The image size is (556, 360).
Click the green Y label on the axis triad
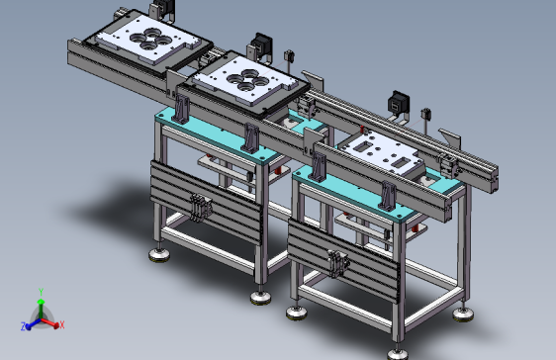[x=41, y=292]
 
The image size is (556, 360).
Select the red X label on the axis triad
[x=62, y=324]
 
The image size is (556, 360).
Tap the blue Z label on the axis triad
[x=24, y=326]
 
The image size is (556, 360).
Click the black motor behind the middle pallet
[x=263, y=45]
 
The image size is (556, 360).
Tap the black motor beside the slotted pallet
[x=400, y=103]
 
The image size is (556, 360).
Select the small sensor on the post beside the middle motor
[x=289, y=56]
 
